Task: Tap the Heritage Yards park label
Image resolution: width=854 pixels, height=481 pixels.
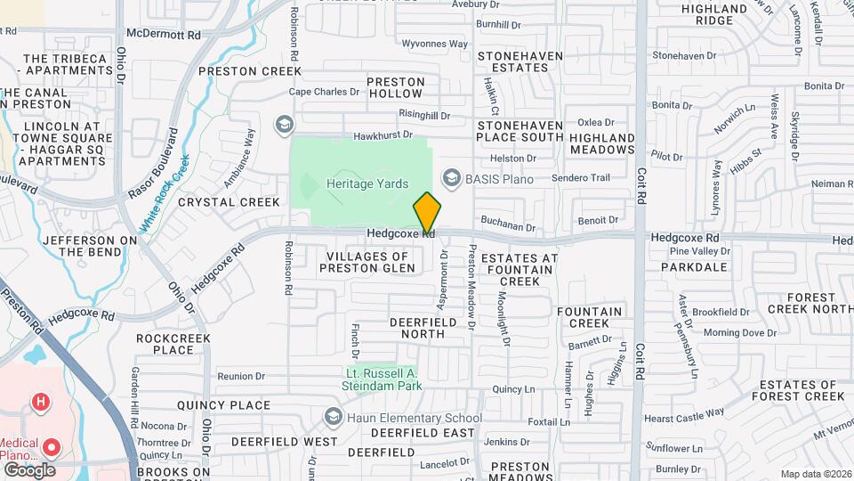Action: click(x=367, y=184)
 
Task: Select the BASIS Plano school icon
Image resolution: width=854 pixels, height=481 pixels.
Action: click(x=452, y=179)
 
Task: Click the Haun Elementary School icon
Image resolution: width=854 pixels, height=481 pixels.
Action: click(x=334, y=417)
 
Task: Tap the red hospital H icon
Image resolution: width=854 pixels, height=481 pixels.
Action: click(x=40, y=403)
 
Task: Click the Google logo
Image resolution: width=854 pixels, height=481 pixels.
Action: click(x=29, y=469)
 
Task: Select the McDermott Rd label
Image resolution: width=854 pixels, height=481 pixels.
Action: click(x=164, y=34)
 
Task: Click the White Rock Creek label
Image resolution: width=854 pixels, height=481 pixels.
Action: click(x=165, y=190)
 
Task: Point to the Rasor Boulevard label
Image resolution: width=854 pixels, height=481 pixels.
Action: click(x=153, y=163)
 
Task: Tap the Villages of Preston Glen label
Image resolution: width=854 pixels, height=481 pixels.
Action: click(x=367, y=262)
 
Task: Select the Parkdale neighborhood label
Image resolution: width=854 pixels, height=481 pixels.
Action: click(x=701, y=266)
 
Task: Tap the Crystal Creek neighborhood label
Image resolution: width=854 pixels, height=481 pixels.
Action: click(x=229, y=202)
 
